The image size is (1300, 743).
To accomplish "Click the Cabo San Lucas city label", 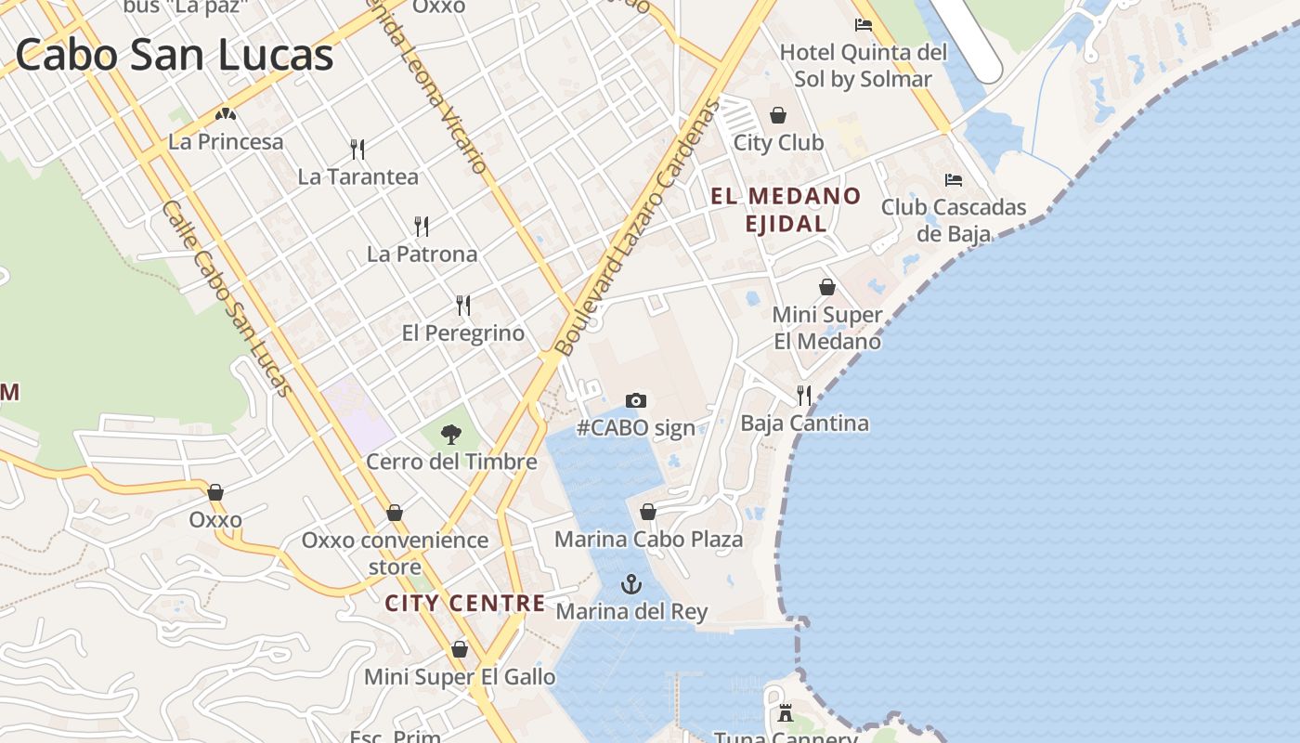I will click(174, 54).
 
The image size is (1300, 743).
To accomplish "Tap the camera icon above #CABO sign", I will click(635, 400).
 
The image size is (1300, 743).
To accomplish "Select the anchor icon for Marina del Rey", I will click(631, 584).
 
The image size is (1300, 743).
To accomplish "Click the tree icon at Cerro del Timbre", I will click(451, 434).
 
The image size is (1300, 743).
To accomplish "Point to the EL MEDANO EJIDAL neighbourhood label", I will click(786, 209).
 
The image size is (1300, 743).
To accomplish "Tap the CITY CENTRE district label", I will click(465, 603).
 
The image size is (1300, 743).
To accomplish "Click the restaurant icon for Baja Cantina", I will click(804, 396).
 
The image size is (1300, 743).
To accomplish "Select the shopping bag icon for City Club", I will click(778, 115).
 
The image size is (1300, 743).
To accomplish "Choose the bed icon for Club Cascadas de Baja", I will click(953, 179).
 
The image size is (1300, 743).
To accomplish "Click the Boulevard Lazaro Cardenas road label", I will click(638, 228).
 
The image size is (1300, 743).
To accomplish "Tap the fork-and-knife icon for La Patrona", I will click(422, 226).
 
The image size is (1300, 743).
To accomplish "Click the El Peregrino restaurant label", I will click(462, 332).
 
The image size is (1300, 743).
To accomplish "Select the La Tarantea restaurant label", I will click(357, 176).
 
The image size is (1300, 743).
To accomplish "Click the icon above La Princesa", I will click(226, 115).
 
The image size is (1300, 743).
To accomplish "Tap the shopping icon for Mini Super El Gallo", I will click(459, 649).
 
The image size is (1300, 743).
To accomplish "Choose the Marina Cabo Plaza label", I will click(648, 539).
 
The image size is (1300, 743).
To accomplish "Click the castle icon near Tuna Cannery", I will click(786, 712).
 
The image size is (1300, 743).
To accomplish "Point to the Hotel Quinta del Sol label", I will click(863, 65).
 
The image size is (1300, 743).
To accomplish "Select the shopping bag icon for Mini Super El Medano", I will click(826, 287).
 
